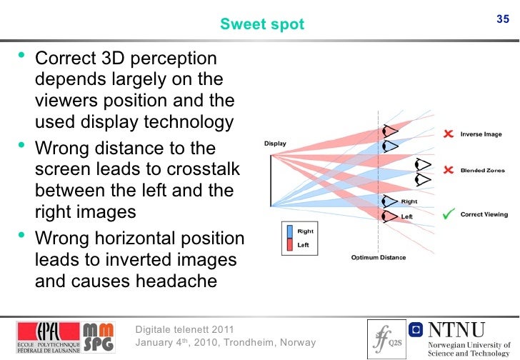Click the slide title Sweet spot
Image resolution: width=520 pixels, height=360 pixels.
pos(262,25)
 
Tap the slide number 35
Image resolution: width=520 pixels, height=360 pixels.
pos(503,19)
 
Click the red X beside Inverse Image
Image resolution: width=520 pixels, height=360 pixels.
pos(448,134)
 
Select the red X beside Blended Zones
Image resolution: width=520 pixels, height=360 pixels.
pos(448,170)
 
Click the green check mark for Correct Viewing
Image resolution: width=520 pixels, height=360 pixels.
pos(449,214)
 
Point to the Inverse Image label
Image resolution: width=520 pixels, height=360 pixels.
pos(481,134)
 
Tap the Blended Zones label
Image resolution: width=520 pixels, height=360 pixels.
pos(483,171)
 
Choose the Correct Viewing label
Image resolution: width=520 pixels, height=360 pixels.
pos(484,214)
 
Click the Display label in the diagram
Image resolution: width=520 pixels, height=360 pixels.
pos(275,144)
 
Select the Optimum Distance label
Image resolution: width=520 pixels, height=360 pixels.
pos(378,258)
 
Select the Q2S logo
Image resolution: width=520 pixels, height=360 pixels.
pos(386,337)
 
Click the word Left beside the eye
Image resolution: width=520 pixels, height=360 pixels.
pos(406,216)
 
